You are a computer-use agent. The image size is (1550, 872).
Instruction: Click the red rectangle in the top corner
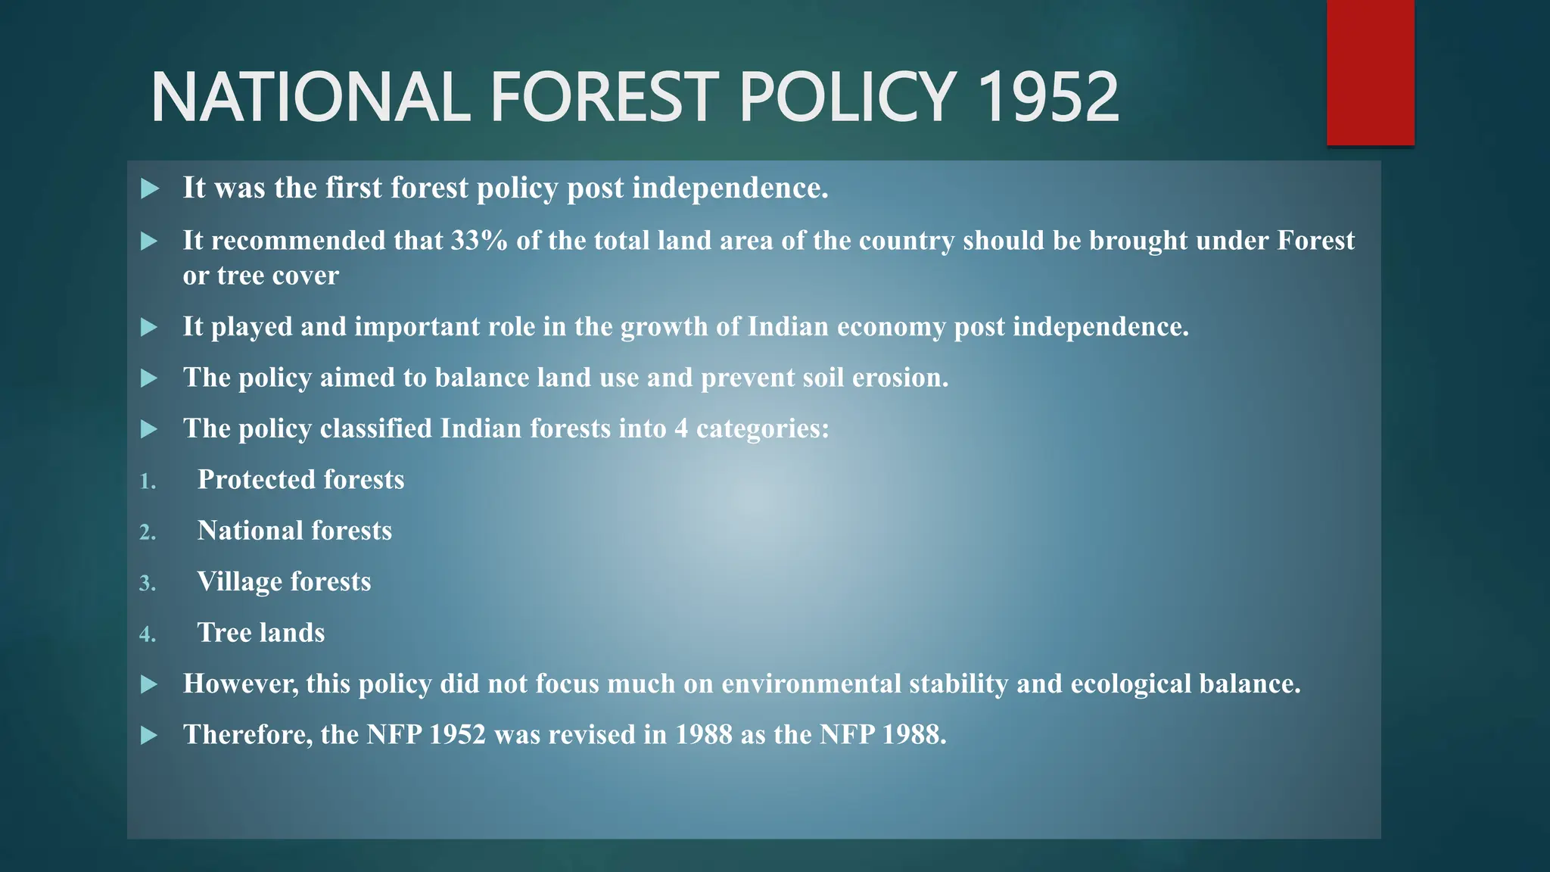pos(1370,72)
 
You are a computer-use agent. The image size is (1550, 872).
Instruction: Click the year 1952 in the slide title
pos(1047,97)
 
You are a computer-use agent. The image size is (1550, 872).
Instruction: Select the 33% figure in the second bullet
pos(478,241)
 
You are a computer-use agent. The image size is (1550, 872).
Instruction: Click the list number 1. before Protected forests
pos(148,481)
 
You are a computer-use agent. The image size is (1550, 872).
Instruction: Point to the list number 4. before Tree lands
pos(148,634)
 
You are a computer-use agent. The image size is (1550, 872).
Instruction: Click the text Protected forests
pos(300,480)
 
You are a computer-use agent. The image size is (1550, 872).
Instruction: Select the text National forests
pos(294,531)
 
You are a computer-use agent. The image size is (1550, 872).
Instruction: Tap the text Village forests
pos(284,581)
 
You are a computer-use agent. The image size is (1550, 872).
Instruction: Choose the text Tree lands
pos(261,633)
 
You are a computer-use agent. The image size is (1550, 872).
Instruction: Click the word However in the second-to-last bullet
pos(240,684)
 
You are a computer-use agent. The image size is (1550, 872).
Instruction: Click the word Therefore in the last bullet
pos(247,735)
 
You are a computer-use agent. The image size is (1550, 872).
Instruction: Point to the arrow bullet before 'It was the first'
pos(150,188)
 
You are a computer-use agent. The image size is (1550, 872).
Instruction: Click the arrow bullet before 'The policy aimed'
pos(150,378)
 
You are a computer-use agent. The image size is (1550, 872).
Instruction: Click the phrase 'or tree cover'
pos(260,276)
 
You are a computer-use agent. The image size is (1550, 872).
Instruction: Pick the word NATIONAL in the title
pos(310,97)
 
